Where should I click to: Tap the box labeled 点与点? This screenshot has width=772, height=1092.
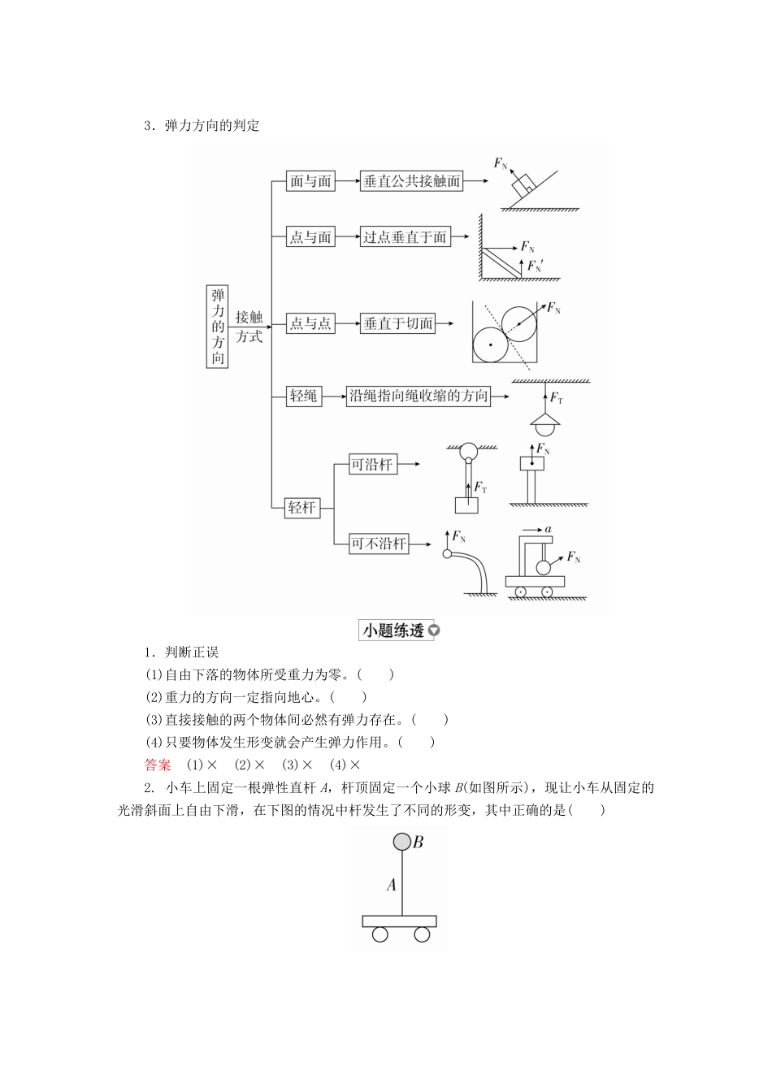tap(310, 323)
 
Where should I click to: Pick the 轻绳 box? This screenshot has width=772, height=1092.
tap(304, 396)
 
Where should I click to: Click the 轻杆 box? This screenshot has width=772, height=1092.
tap(301, 508)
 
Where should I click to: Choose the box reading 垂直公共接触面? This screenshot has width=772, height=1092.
tap(412, 181)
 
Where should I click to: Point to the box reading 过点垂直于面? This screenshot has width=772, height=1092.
tap(405, 237)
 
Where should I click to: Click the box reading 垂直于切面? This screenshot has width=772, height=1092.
tap(398, 323)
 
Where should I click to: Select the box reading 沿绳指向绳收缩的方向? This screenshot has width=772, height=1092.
tap(419, 396)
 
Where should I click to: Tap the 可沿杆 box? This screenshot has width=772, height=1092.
tap(371, 465)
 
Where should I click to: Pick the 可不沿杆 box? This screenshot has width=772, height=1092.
tap(379, 544)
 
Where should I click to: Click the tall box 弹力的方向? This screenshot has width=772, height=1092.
tap(217, 326)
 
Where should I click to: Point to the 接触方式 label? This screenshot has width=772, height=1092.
tap(249, 327)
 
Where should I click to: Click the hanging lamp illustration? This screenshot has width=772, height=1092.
tap(545, 422)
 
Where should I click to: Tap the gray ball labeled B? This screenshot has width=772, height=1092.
tap(402, 842)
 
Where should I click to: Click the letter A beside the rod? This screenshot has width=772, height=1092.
tap(391, 884)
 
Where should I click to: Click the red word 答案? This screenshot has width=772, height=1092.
tap(158, 765)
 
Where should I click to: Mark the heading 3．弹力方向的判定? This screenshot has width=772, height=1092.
tap(202, 126)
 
